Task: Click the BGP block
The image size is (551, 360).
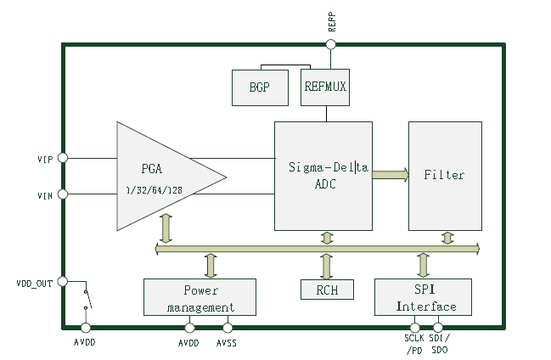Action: tap(260, 87)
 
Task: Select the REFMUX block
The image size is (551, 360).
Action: tap(324, 87)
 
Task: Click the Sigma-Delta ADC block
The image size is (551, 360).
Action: tap(323, 176)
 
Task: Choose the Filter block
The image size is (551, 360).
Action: tap(445, 176)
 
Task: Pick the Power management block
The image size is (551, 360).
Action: tap(200, 297)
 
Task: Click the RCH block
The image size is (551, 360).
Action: tap(327, 289)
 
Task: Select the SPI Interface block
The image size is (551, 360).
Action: tap(423, 297)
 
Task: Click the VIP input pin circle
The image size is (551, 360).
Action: tap(62, 158)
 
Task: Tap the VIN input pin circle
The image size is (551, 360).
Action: tap(62, 194)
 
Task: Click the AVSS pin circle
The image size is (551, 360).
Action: tap(227, 328)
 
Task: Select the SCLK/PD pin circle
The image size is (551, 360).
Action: tap(415, 328)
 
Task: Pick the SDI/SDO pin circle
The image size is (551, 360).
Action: tap(438, 328)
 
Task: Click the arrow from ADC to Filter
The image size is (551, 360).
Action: tap(390, 175)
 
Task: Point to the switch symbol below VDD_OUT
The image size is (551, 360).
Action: tap(86, 302)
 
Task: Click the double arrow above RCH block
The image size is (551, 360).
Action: tap(327, 266)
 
